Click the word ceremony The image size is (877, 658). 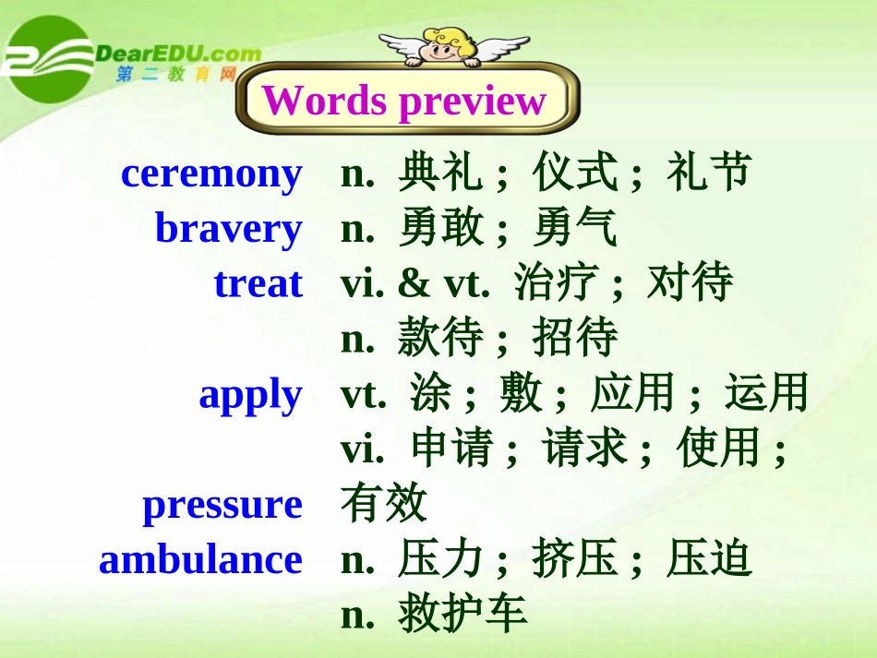211,173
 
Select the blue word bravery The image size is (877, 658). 228,229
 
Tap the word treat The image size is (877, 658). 258,283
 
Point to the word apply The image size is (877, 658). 250,395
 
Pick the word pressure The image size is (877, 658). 222,505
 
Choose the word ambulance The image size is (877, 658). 200,560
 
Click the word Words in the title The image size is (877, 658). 324,101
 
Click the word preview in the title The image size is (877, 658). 473,102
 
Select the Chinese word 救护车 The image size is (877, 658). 463,615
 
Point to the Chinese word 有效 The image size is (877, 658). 384,504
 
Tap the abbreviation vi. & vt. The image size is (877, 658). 414,284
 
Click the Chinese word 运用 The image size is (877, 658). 766,394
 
